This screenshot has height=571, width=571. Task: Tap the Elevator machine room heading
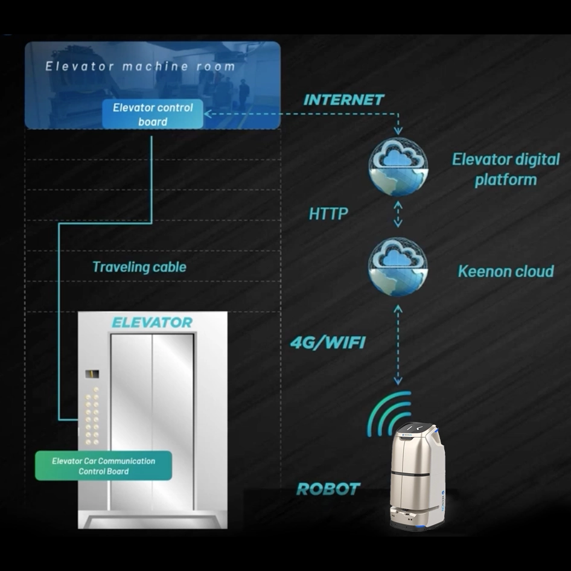pos(140,66)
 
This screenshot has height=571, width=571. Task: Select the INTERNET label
pos(343,100)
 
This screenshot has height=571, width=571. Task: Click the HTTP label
pos(328,214)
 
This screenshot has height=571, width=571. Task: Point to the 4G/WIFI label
pos(328,343)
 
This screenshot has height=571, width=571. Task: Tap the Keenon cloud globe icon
pos(398,267)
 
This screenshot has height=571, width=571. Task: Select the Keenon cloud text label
pos(505,271)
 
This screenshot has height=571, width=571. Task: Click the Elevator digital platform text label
pos(506,170)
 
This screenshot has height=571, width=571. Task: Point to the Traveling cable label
pos(139,267)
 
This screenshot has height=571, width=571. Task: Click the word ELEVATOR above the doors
pos(152,322)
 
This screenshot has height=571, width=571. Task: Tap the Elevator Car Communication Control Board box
pos(103,466)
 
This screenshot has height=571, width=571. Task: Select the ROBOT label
pos(328,489)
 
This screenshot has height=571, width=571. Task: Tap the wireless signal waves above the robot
pos(389,413)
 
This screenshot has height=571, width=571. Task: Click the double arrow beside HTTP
pos(398,214)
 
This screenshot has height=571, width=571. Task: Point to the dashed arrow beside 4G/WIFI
pos(398,344)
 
